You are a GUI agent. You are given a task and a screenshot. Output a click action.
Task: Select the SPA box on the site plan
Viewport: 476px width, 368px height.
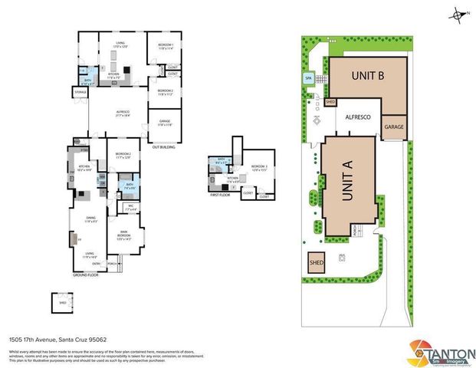309,78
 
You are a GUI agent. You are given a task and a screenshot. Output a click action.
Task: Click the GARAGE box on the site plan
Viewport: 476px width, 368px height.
394,127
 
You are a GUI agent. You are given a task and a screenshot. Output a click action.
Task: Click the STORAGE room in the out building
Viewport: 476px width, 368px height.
80,93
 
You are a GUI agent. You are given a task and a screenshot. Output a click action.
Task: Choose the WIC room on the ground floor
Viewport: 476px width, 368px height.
110,207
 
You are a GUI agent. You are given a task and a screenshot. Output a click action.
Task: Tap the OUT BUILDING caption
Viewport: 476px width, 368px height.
165,146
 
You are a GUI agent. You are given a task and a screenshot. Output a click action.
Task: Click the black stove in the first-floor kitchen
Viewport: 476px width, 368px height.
223,186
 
